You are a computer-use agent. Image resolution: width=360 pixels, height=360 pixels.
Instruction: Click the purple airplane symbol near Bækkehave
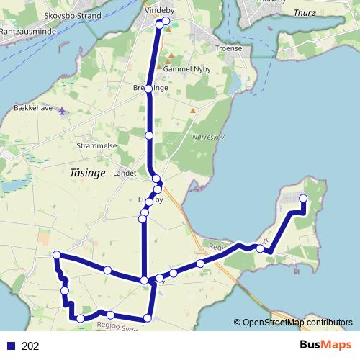(x=62, y=112)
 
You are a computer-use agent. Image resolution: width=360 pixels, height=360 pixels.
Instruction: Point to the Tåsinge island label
(x=89, y=173)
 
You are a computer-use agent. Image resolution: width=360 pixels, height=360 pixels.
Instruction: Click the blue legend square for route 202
(x=11, y=346)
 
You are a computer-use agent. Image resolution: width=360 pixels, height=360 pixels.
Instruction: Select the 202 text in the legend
(x=30, y=346)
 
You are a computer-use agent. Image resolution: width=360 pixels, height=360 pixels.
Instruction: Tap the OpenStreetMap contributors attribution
(x=294, y=322)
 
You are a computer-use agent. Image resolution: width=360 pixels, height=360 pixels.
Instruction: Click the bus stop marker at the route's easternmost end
(x=303, y=199)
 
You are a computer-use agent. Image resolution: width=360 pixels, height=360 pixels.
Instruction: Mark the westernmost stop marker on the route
(x=56, y=254)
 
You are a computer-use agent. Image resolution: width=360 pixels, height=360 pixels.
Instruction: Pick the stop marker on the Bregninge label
(x=148, y=89)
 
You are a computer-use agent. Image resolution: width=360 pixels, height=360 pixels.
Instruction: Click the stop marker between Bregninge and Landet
(x=149, y=135)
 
